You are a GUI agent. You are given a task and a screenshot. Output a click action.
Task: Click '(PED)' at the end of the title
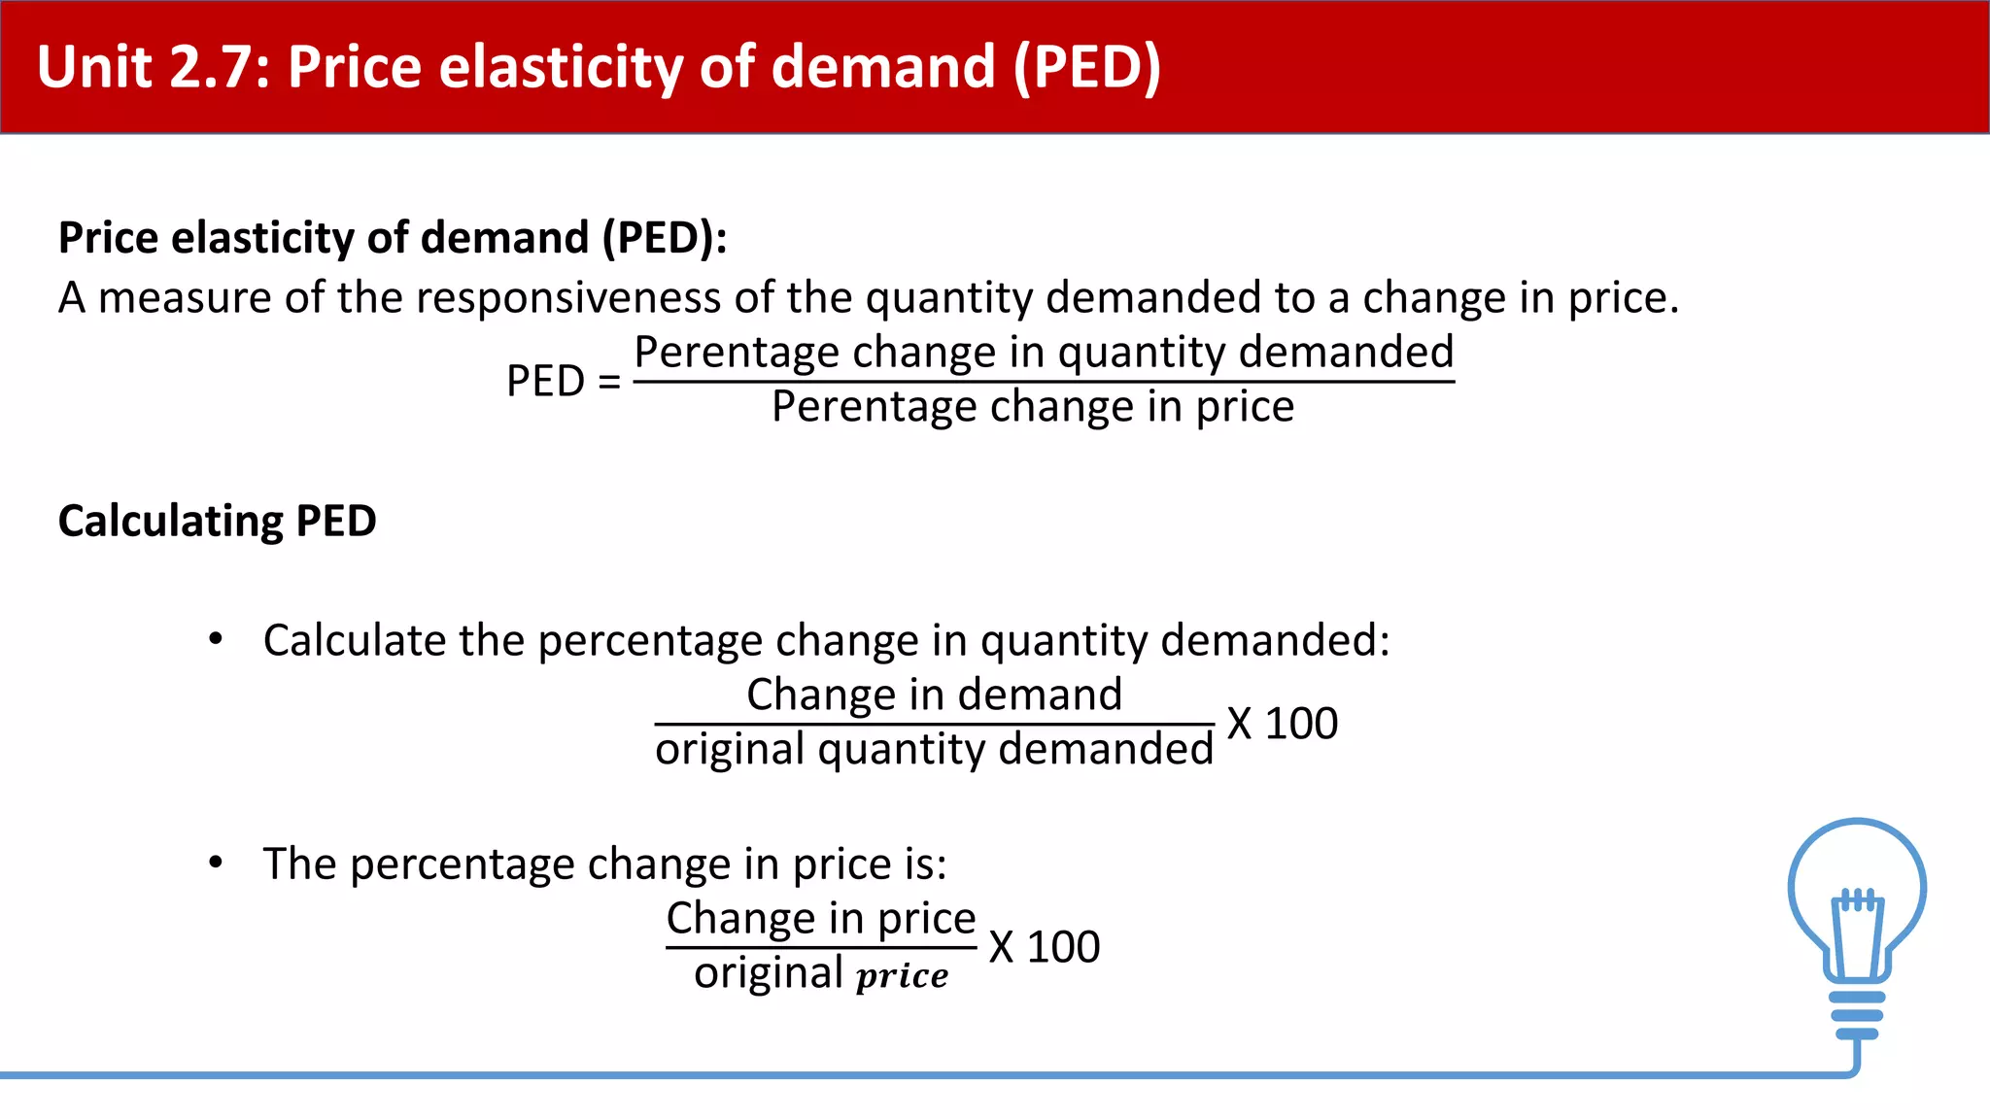(1086, 67)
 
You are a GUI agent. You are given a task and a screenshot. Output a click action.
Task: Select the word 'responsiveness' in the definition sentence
(567, 297)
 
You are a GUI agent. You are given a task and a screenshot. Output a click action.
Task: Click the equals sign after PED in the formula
(609, 381)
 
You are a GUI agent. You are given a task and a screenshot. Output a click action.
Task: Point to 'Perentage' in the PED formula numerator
(737, 352)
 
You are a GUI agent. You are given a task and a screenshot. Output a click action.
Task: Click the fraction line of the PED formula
(1044, 381)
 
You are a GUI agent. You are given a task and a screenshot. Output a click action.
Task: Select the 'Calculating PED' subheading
(218, 521)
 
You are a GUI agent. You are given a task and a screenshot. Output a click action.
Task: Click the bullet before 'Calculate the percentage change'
(216, 639)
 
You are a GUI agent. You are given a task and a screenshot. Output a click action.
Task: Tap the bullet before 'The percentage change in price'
(216, 863)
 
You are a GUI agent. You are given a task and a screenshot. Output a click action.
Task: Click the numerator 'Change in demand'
(934, 695)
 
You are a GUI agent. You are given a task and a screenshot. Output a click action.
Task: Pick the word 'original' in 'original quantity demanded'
(730, 749)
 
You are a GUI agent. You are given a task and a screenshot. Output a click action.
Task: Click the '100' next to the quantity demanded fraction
(1301, 724)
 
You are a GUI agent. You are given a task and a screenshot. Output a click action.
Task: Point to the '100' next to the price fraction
(1063, 947)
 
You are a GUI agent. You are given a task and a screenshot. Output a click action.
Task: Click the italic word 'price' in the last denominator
(902, 974)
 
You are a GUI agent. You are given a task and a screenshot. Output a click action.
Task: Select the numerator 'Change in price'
(821, 918)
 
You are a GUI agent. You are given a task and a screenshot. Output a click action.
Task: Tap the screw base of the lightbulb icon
(1857, 1015)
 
